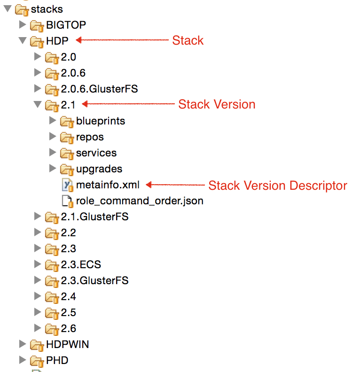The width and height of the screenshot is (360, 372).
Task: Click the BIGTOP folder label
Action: click(x=66, y=25)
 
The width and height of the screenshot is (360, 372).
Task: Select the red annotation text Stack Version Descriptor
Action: click(x=277, y=185)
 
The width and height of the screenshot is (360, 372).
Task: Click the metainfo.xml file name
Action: click(x=108, y=185)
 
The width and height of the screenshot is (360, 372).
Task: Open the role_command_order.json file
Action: click(x=140, y=201)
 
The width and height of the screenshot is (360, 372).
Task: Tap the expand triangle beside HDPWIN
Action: click(x=22, y=344)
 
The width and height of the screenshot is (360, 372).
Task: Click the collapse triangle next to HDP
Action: click(x=22, y=41)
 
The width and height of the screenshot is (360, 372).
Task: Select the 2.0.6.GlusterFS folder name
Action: click(x=99, y=89)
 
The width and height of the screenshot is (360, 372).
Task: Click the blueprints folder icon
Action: click(x=67, y=121)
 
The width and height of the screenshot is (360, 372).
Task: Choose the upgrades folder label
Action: click(x=99, y=169)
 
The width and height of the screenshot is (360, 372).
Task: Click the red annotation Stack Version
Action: click(x=217, y=104)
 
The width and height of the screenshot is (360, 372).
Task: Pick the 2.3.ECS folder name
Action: click(x=81, y=264)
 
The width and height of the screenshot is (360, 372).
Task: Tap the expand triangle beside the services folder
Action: click(x=52, y=153)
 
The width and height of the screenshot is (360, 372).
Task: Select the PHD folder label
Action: click(x=57, y=360)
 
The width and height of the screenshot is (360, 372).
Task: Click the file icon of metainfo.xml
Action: click(x=67, y=185)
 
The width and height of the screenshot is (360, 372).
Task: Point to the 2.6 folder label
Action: click(x=69, y=328)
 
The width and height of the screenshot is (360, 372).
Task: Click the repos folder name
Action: click(x=90, y=137)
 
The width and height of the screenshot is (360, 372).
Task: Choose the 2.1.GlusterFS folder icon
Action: click(x=52, y=217)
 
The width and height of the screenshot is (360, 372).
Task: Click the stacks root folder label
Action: click(x=47, y=9)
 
